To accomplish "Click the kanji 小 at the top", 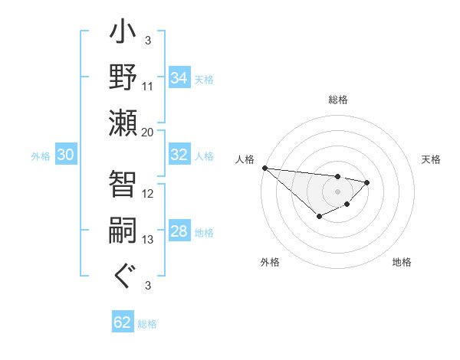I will tap(123, 34).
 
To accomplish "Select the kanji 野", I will tap(123, 79).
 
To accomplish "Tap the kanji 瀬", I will tap(123, 123).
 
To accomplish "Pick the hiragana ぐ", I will tap(123, 276).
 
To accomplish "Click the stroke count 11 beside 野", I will tap(148, 86).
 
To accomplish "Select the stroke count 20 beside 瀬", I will tap(148, 132).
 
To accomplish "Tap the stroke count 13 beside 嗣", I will tap(148, 240).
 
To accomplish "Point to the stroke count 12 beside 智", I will tap(148, 194).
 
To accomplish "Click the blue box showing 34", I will tap(179, 78).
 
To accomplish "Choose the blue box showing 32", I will tap(179, 155).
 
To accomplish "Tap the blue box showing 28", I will tap(179, 231).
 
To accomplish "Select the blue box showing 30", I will tap(65, 155).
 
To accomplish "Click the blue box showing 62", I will tap(123, 322).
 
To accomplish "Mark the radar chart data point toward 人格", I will tap(264, 168).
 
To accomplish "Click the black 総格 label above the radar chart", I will tap(338, 100).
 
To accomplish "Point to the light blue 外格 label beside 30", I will tap(41, 156).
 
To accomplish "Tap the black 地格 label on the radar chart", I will tap(402, 263).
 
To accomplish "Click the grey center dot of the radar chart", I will tap(337, 191).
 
